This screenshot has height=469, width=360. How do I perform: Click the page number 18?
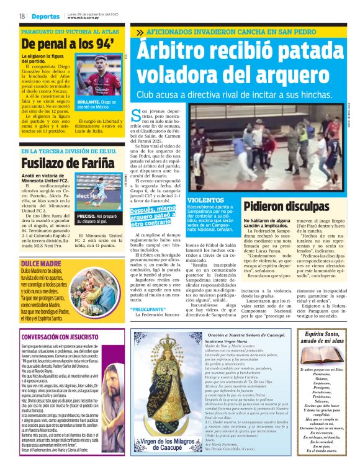21,16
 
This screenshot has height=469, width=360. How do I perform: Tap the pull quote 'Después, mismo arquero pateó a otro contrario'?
154,216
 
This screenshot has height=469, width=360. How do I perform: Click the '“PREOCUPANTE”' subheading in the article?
146,309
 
